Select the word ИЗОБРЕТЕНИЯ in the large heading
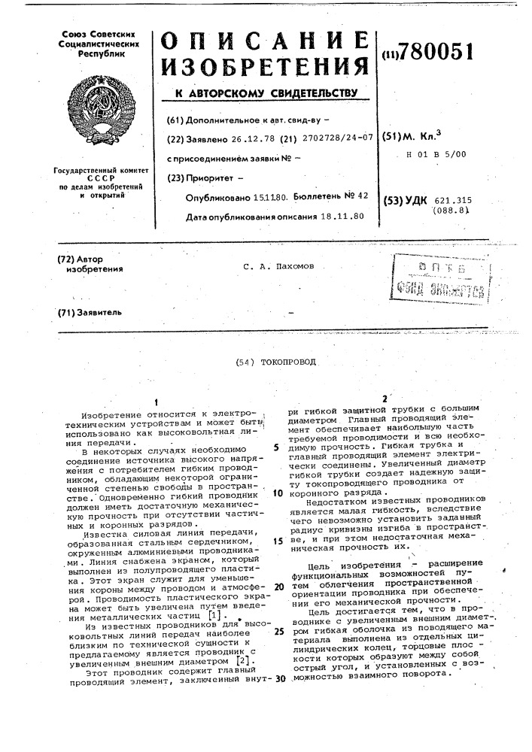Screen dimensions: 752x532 click(266, 71)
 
